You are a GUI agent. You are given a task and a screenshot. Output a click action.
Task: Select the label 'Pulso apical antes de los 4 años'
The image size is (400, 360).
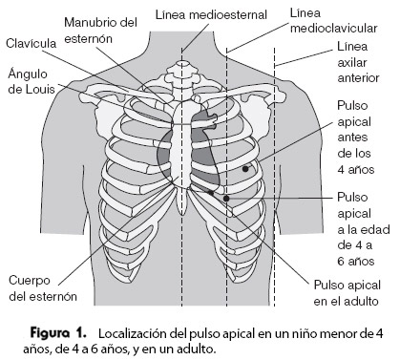355,138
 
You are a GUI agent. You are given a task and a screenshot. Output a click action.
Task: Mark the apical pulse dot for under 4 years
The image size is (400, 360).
246,168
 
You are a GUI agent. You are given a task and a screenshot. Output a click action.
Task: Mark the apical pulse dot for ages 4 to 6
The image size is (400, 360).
227,200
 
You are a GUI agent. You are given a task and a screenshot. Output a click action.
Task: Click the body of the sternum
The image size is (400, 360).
184,143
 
